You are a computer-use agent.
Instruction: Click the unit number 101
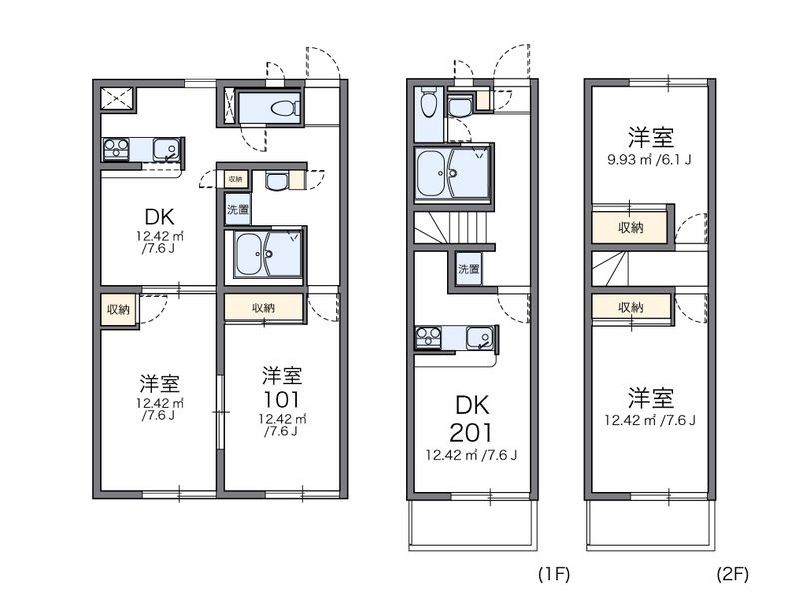pos(283,399)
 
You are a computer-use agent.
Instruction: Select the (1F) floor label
pos(554,575)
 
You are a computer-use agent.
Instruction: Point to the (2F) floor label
pos(731,575)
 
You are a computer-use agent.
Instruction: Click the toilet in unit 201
pos(428,102)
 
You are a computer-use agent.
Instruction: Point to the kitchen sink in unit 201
pos(478,339)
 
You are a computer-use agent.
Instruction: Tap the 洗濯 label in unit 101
pos(238,210)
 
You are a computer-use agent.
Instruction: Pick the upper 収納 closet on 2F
pos(630,227)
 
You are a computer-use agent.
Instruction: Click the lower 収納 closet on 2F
pos(630,306)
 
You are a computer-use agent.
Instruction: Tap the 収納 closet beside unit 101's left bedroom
pos(118,309)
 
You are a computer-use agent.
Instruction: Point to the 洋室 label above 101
pos(283,375)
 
